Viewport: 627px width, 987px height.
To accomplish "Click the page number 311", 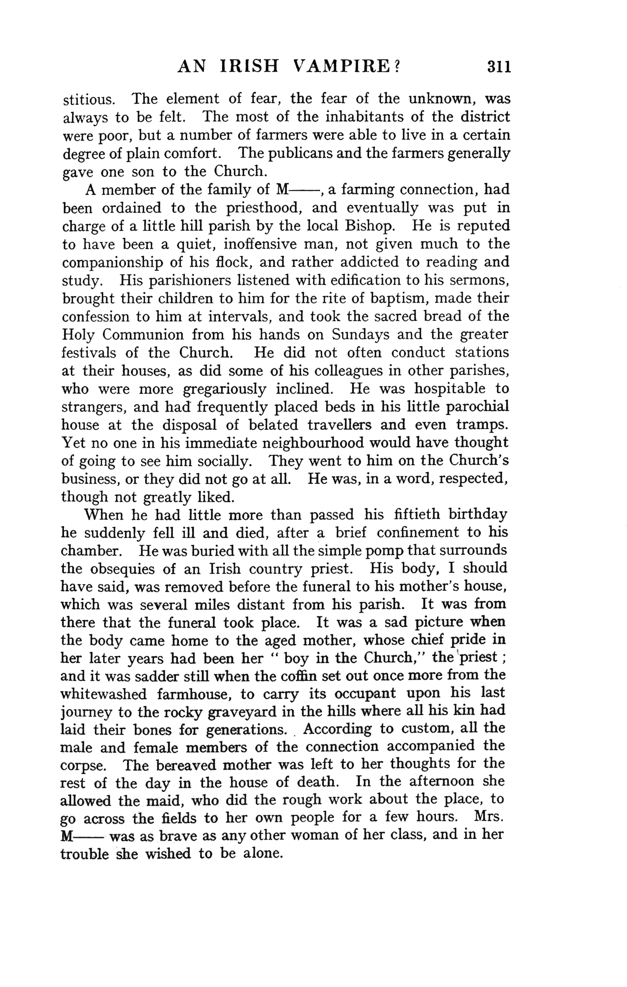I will (x=499, y=67).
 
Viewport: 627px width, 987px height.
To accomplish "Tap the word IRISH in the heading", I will (x=249, y=67).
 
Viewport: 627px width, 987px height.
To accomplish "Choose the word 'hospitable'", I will (x=449, y=388).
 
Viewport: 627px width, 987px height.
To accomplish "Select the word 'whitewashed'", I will (x=103, y=694).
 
